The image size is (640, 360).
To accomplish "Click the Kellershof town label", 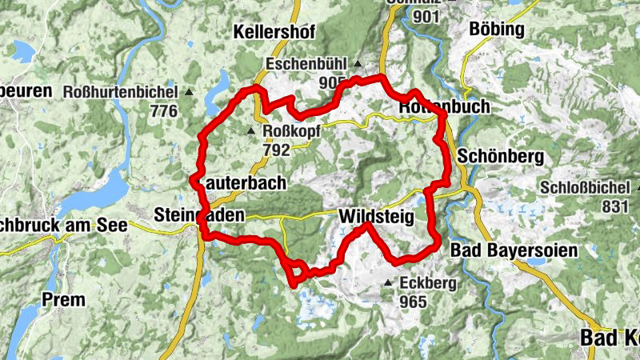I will click(x=275, y=33).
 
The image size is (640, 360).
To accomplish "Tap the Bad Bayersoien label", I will click(x=513, y=251).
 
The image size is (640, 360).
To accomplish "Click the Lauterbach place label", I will click(x=242, y=183).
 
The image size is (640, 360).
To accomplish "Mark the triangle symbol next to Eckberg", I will click(x=388, y=283).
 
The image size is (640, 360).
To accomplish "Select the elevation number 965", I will click(x=414, y=302).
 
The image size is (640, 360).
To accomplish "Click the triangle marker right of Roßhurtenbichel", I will click(x=190, y=93).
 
